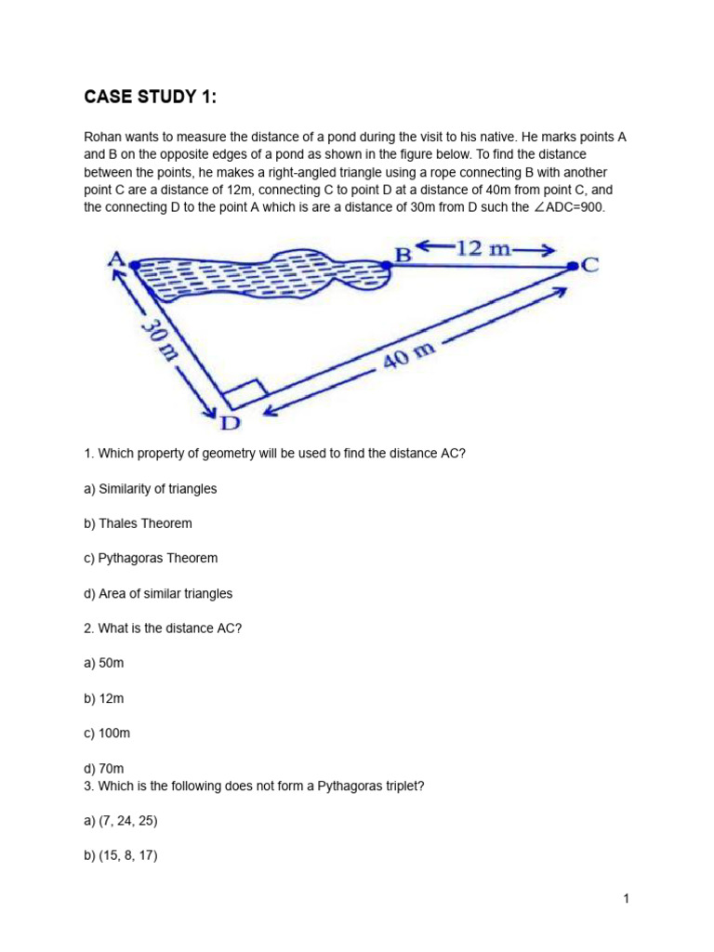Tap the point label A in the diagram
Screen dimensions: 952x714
[118, 256]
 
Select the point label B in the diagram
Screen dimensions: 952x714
[403, 253]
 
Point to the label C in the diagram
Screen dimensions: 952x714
[589, 266]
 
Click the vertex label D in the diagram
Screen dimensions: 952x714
[229, 424]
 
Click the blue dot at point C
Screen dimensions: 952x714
[571, 267]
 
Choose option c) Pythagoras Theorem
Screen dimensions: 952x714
[151, 558]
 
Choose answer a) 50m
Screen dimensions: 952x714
[103, 663]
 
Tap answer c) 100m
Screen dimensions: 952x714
[107, 733]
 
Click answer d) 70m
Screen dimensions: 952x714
[103, 768]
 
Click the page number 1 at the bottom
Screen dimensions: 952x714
[627, 898]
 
